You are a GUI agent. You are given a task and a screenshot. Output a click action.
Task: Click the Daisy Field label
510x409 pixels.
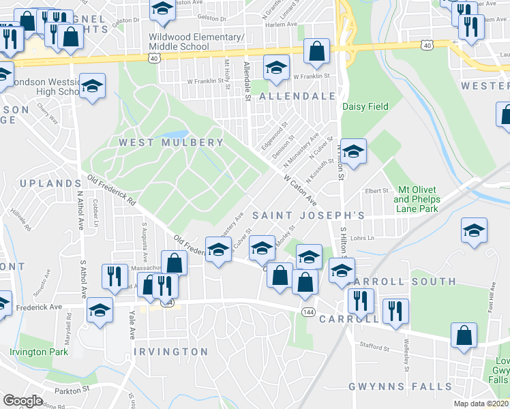click(x=365, y=106)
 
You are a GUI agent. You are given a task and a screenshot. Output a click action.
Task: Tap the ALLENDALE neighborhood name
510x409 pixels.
click(x=297, y=97)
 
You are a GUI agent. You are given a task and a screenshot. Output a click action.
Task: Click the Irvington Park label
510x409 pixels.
click(x=39, y=352)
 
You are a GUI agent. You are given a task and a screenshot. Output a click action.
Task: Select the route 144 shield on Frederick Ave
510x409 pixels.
click(x=309, y=311)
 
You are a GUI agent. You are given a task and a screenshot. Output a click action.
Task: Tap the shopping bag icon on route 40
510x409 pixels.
click(x=316, y=51)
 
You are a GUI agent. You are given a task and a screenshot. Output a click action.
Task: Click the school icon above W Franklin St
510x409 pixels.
click(x=276, y=67)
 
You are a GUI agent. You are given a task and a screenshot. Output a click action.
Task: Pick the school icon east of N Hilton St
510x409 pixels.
click(x=353, y=151)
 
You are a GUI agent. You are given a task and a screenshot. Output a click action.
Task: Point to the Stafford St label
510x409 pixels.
click(x=374, y=348)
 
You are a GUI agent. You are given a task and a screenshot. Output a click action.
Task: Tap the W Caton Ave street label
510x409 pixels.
click(x=301, y=191)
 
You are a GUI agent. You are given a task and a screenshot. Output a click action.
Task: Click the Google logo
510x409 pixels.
click(x=23, y=401)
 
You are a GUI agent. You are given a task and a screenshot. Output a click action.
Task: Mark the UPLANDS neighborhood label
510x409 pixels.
click(x=50, y=184)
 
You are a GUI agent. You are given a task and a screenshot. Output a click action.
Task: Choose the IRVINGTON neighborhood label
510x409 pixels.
click(x=170, y=352)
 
